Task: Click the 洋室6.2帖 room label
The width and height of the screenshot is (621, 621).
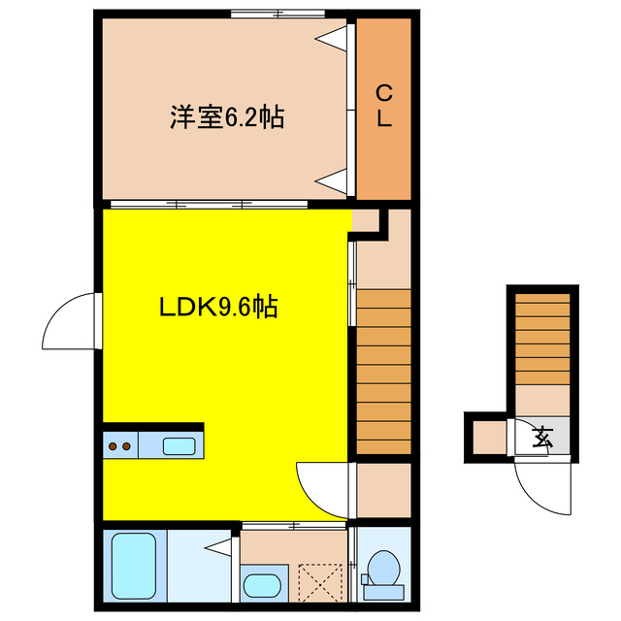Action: click(x=227, y=118)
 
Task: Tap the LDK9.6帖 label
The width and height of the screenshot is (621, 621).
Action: click(x=219, y=308)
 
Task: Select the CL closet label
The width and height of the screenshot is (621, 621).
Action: click(x=384, y=107)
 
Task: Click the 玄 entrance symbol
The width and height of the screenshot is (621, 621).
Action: click(x=543, y=437)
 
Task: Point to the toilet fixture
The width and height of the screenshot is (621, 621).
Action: click(x=383, y=570)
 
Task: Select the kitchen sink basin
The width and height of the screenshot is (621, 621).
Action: click(x=180, y=446)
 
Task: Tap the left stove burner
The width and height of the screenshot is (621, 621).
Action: click(x=113, y=446)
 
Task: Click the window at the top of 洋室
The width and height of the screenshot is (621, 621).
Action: click(x=278, y=14)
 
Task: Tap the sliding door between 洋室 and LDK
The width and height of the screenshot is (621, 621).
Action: click(x=209, y=204)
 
